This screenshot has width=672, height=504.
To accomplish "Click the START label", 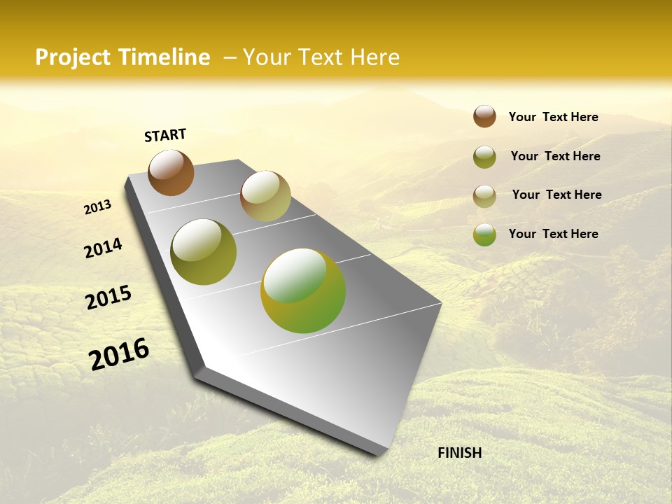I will [x=165, y=135].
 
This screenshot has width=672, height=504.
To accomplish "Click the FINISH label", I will [x=459, y=453].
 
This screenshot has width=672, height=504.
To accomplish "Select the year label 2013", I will [x=97, y=207].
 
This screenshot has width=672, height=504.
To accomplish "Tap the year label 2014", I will [x=103, y=248].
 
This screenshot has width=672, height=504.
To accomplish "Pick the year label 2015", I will [x=108, y=297].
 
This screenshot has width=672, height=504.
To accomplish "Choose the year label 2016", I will [x=119, y=354].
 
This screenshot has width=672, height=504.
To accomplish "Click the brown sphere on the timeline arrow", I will [x=171, y=172].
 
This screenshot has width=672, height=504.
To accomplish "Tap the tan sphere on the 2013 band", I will [x=265, y=196].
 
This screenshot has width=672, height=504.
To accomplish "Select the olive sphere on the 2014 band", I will [x=203, y=252].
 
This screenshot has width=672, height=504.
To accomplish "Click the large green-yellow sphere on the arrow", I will [x=303, y=290].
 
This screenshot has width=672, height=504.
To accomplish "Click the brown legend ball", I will [x=484, y=116].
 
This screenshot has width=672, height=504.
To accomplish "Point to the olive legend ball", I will [x=484, y=157].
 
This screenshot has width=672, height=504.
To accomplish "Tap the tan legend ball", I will [x=484, y=196].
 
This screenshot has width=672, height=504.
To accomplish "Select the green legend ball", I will [x=484, y=234].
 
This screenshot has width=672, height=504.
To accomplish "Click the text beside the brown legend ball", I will [x=553, y=117].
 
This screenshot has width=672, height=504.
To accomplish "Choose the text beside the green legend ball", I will [x=553, y=234].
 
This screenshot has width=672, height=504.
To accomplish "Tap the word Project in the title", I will [x=72, y=57].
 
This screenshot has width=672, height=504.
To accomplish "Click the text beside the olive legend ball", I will [x=555, y=156].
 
